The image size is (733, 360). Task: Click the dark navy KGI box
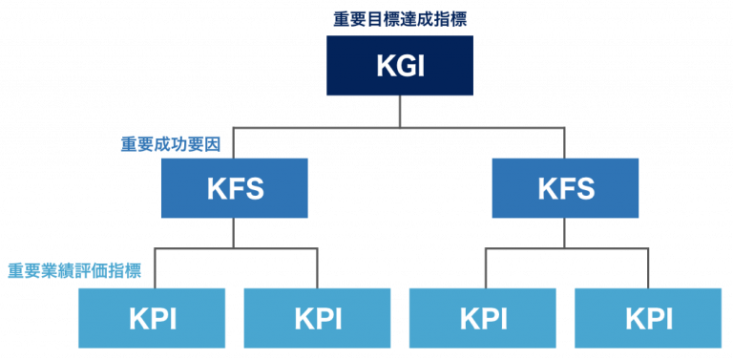point(400,66)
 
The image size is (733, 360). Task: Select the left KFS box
point(234,188)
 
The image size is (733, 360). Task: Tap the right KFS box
point(565,188)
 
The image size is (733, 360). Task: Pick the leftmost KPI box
point(152,318)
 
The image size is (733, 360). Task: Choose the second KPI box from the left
point(317,318)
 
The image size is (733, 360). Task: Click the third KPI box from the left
point(482,318)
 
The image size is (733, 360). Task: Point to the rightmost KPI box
point(648,318)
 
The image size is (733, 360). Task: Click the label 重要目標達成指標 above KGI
point(400,18)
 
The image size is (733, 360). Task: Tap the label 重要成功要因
point(171,144)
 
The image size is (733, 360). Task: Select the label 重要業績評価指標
point(74,271)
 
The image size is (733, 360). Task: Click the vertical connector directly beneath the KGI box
point(400,111)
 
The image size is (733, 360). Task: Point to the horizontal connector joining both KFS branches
point(400,127)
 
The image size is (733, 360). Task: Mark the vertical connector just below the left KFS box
point(234,233)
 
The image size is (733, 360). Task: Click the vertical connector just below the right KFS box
point(565,233)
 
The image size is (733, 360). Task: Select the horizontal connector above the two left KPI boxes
point(234,248)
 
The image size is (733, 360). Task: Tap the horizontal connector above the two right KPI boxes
point(565,248)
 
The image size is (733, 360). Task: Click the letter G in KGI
point(402,67)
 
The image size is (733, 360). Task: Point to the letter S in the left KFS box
point(253,188)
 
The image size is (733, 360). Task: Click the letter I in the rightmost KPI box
point(671,318)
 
